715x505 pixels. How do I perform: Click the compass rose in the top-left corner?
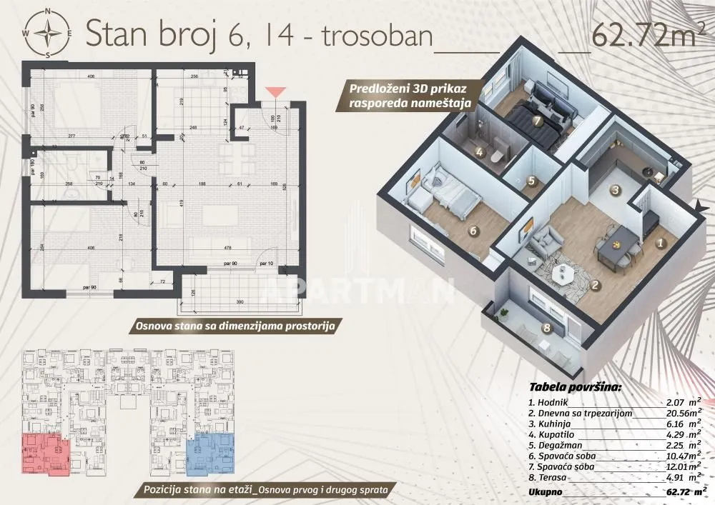pos(48,33)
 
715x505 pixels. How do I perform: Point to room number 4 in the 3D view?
pos(479,151)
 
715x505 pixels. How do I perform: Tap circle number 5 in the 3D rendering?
pos(531,182)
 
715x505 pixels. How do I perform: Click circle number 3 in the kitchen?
pos(614,190)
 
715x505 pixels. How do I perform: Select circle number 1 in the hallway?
pos(661,243)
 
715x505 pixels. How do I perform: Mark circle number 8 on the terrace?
pos(547,329)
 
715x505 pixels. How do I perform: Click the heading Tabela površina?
pos(575,388)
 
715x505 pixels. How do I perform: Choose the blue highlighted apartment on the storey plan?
pos(210,453)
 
